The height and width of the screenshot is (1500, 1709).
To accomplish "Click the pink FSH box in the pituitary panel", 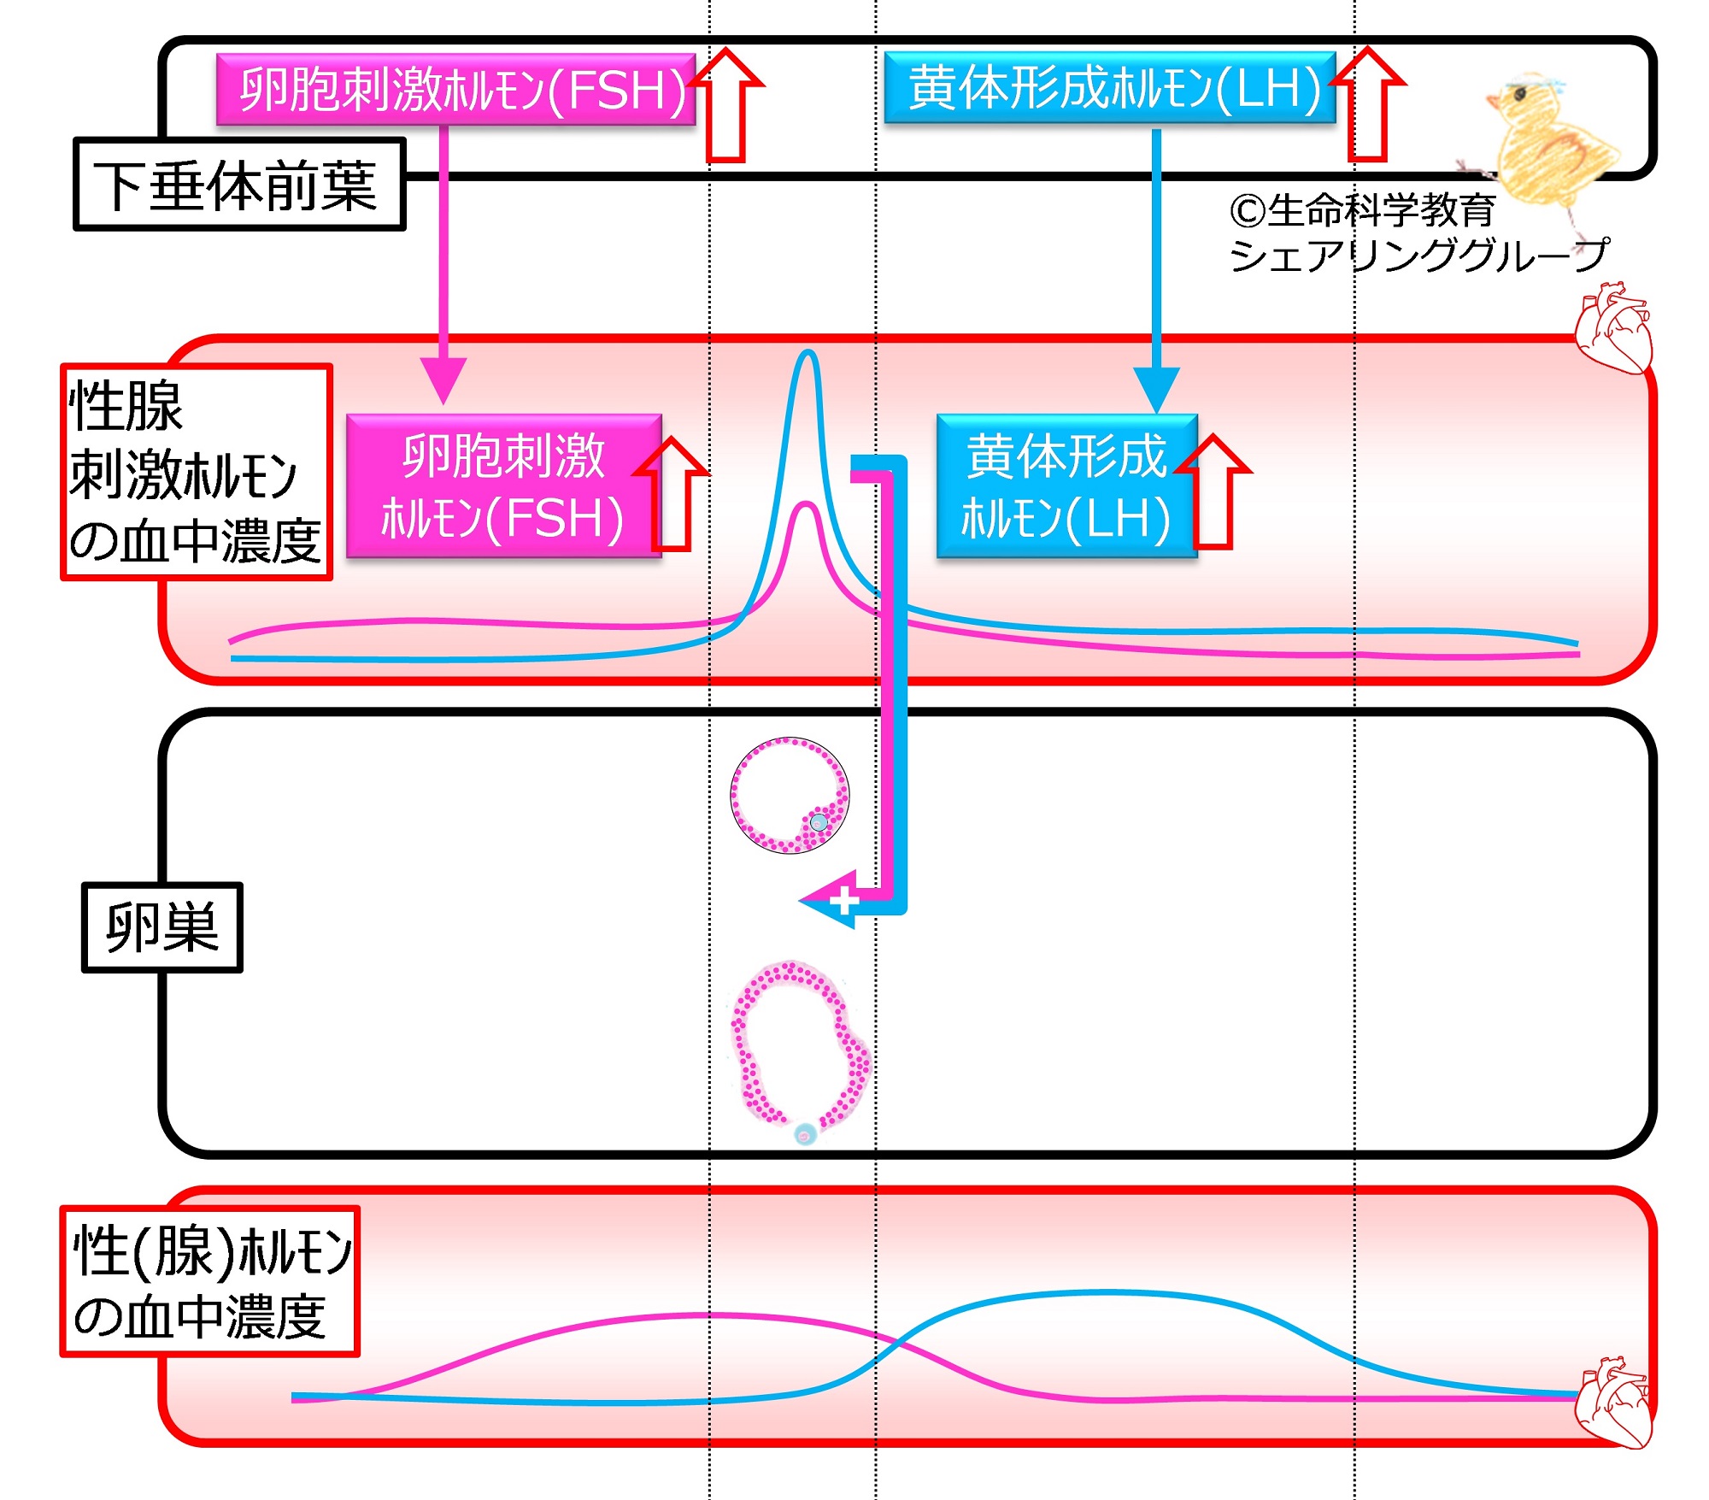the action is (455, 89).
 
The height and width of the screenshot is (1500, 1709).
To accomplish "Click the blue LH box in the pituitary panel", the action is (1110, 87).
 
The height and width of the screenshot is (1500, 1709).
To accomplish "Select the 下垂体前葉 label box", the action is (239, 185).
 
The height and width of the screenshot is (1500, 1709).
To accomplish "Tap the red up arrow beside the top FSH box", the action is (726, 104).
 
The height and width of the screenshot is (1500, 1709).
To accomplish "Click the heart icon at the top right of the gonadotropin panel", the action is (1613, 329).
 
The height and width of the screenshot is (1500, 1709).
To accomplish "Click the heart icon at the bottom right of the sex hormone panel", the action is (1613, 1402).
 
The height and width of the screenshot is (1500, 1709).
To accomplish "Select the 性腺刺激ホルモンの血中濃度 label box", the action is (197, 473).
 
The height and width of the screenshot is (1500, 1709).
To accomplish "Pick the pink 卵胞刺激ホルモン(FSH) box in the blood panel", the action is (504, 486).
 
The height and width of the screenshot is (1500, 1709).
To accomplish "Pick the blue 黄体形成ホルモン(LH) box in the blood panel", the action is (1067, 486).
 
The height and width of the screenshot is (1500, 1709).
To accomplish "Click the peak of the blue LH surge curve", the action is (807, 351).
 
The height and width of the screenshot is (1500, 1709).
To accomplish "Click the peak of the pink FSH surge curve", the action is (805, 504).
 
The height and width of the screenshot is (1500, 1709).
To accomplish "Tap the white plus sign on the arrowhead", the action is (844, 900).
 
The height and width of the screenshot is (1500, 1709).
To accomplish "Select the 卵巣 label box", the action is (162, 927).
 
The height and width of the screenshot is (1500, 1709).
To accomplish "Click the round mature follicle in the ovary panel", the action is (790, 796).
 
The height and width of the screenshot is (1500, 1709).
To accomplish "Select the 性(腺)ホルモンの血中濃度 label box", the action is (210, 1281).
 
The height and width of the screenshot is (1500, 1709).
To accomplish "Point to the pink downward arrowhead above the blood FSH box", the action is (443, 381).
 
